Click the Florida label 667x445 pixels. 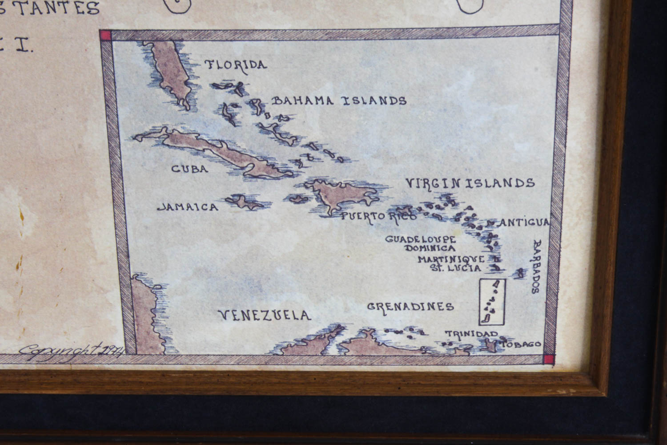236,65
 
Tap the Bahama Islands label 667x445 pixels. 339,101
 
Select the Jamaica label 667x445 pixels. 188,207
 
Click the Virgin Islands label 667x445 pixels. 470,183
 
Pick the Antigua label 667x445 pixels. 524,222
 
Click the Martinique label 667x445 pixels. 451,259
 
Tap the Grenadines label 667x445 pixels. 410,307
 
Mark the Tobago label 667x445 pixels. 527,344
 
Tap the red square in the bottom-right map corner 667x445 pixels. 550,359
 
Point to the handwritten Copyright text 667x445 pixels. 71,350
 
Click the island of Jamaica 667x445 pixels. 244,202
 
